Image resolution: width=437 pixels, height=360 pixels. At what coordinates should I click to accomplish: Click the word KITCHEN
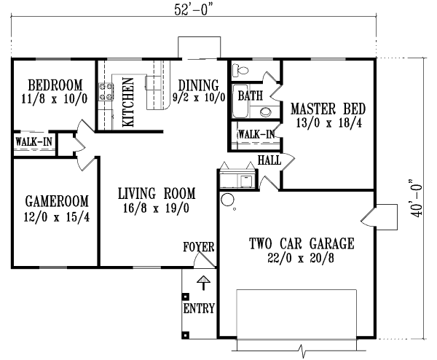[127, 103]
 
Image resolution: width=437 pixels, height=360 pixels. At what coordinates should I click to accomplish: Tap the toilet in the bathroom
[241, 71]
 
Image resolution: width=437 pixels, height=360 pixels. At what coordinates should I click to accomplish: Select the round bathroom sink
[267, 112]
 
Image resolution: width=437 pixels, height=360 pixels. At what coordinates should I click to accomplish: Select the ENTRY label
[199, 308]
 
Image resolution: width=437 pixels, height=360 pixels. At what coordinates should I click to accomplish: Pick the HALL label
[270, 160]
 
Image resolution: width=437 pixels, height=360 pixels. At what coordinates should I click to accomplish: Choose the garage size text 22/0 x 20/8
[301, 258]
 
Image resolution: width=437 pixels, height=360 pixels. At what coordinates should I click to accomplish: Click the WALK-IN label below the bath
[256, 134]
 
